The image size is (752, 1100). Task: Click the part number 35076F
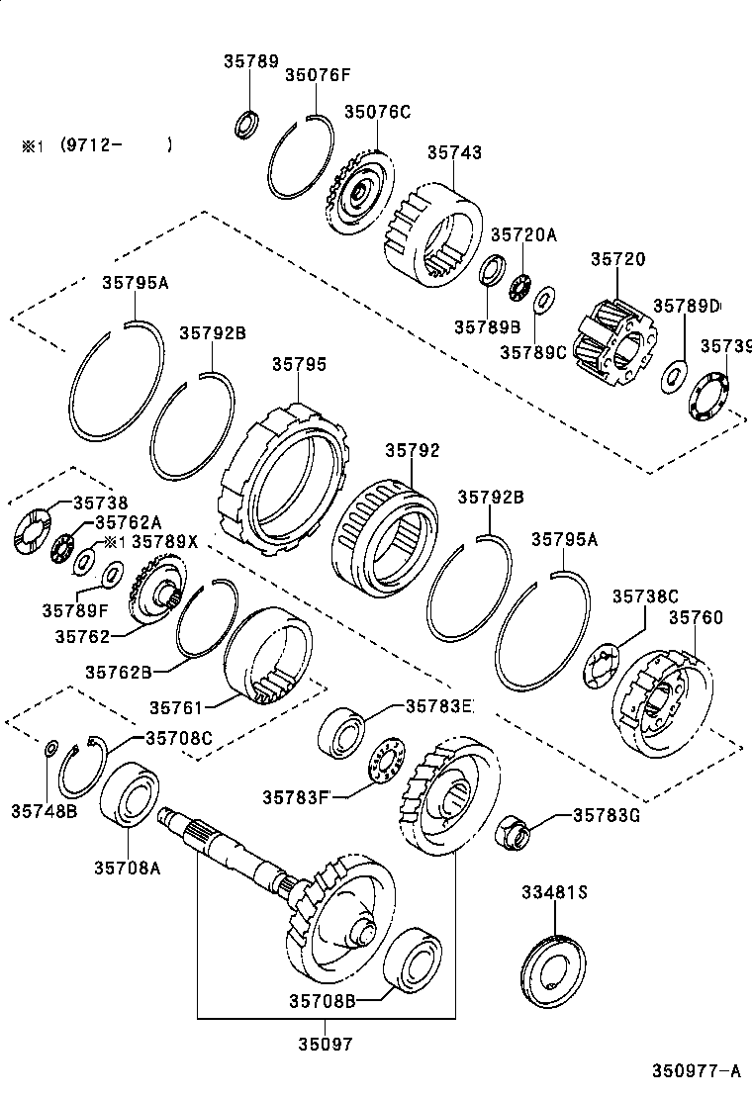pyautogui.click(x=318, y=74)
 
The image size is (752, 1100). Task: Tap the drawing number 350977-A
pyautogui.click(x=695, y=1070)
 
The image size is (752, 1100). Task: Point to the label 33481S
pyautogui.click(x=555, y=892)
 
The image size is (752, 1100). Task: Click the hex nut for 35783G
pyautogui.click(x=512, y=831)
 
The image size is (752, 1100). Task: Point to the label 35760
pyautogui.click(x=696, y=617)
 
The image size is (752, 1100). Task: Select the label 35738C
pyautogui.click(x=644, y=596)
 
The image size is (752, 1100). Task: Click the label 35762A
pyautogui.click(x=128, y=522)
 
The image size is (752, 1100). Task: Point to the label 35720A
pyautogui.click(x=524, y=234)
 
